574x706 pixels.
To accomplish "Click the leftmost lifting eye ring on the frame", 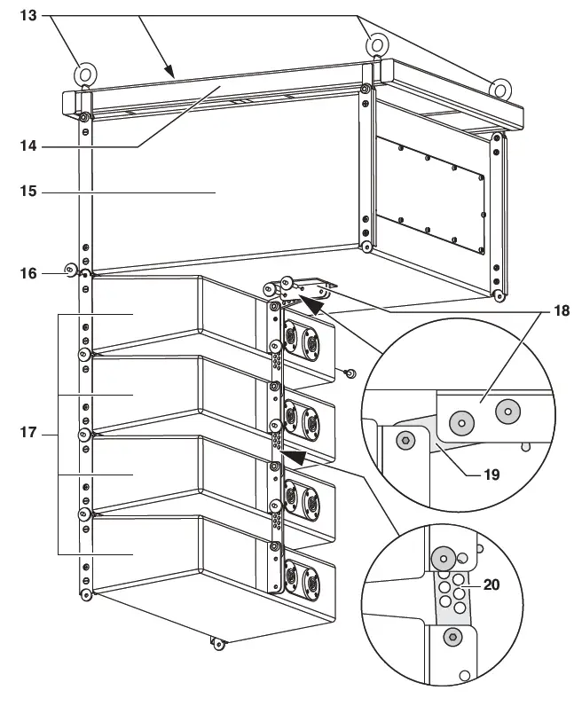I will tap(85, 75).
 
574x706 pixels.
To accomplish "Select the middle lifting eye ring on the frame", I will tap(376, 43).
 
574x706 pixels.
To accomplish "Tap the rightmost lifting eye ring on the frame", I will tap(500, 88).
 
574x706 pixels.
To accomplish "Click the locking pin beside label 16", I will tap(69, 270).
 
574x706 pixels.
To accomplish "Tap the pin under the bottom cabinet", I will tap(216, 642).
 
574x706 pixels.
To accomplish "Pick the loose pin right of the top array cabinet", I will tap(350, 373).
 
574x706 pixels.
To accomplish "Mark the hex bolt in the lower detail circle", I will tap(452, 637).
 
